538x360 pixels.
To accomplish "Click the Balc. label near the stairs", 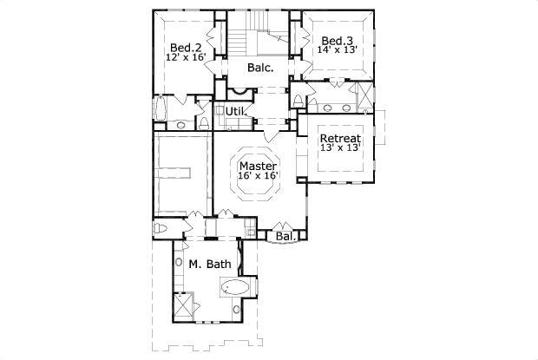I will tap(260, 68).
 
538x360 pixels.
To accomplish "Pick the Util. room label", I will tap(235, 111).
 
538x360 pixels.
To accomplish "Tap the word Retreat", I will tap(340, 139).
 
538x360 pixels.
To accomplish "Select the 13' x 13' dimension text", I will tap(340, 149).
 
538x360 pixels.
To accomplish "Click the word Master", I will tap(258, 166).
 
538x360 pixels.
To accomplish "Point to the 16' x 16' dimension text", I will tap(258, 176).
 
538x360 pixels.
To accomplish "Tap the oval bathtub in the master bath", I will tap(236, 286).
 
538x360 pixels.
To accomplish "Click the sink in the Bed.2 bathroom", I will tap(181, 125).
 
